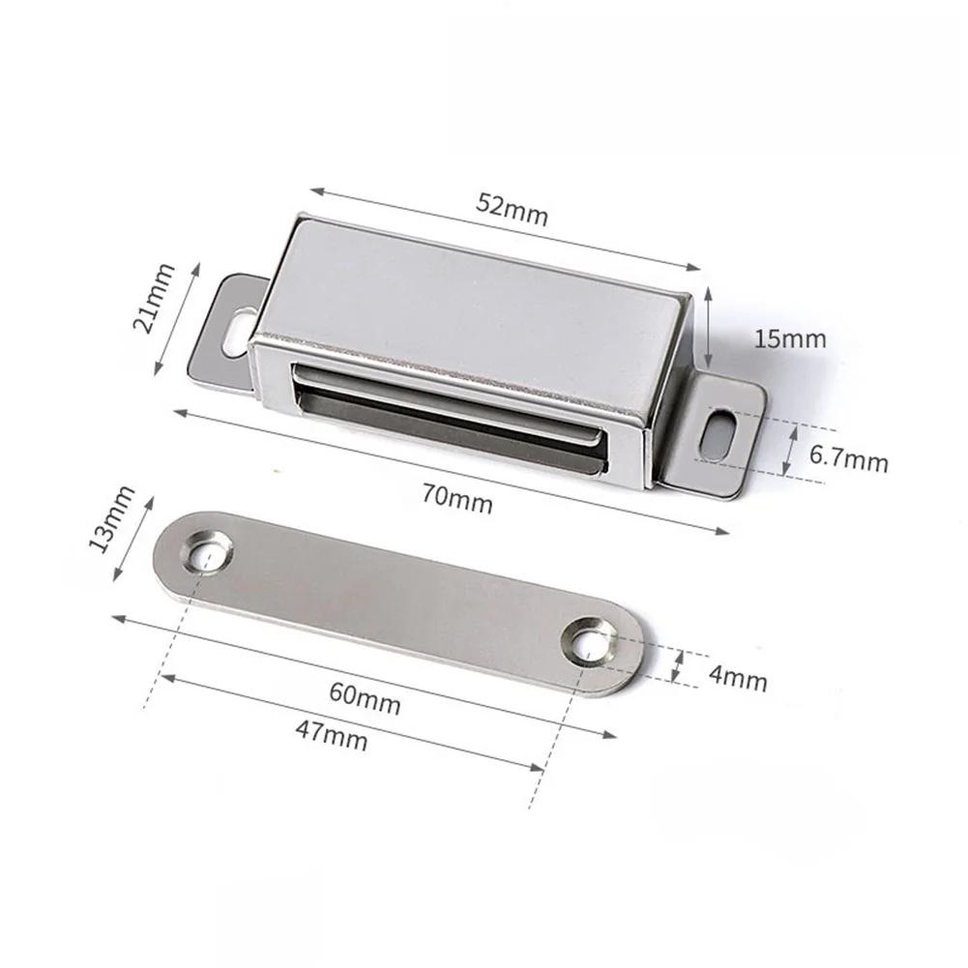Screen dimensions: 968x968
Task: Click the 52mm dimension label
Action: coord(512,210)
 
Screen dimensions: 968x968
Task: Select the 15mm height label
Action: coord(790,339)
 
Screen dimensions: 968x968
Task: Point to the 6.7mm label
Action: coord(848,459)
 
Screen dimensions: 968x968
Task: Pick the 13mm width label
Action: coord(107,519)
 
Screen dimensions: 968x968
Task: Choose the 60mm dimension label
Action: coord(365,698)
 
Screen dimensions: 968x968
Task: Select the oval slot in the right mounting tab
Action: coord(717,435)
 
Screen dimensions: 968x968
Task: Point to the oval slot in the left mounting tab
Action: coord(235,328)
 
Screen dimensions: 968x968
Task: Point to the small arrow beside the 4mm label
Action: coord(678,667)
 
